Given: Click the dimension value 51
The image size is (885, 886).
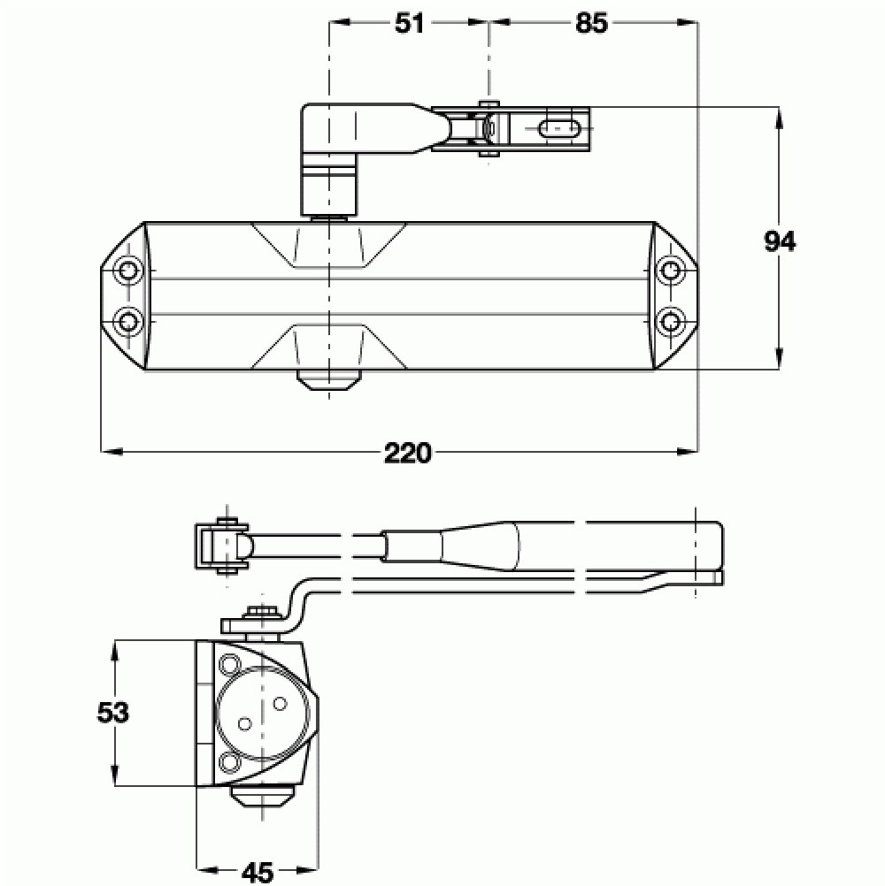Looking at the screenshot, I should pyautogui.click(x=408, y=24).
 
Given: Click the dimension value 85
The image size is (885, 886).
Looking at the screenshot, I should pyautogui.click(x=592, y=24).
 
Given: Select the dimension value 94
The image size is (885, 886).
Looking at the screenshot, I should pyautogui.click(x=780, y=240).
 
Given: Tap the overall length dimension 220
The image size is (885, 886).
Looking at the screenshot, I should pyautogui.click(x=408, y=453).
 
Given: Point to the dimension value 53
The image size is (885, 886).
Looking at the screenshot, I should pyautogui.click(x=114, y=712).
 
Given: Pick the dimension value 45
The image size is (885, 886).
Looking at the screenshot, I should pyautogui.click(x=257, y=873).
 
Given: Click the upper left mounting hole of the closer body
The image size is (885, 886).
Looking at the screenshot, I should pyautogui.click(x=129, y=269).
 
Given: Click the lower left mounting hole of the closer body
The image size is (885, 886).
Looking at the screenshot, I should pyautogui.click(x=129, y=318).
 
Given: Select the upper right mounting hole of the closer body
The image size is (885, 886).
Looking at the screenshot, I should pyautogui.click(x=672, y=269).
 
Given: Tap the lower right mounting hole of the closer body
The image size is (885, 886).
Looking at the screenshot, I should pyautogui.click(x=672, y=318).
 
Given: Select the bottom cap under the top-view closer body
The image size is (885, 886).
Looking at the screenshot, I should pyautogui.click(x=328, y=380).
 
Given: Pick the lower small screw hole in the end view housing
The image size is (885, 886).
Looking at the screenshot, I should pyautogui.click(x=231, y=761).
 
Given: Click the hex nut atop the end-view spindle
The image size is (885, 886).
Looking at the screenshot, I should pyautogui.click(x=261, y=613).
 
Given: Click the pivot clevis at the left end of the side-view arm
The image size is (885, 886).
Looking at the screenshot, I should pyautogui.click(x=222, y=547).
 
